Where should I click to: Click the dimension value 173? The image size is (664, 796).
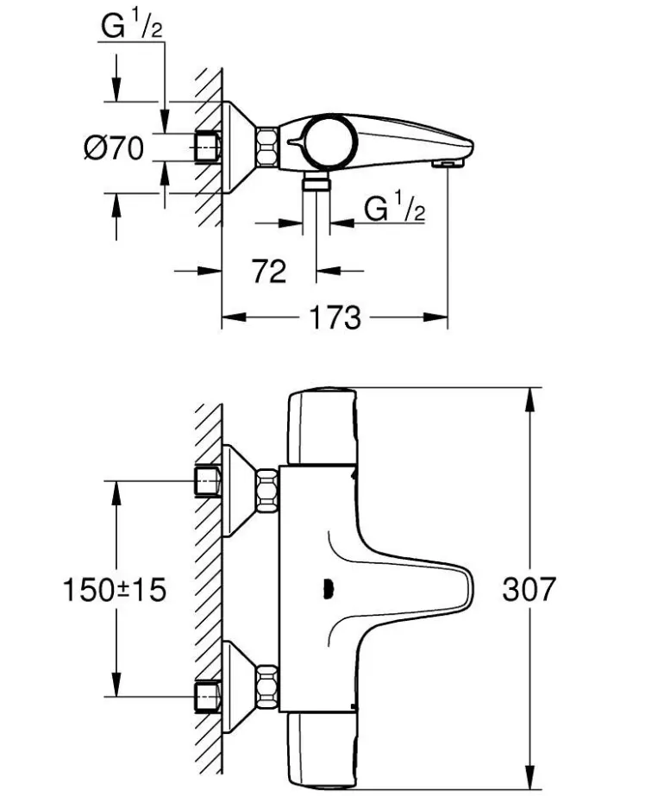[x=335, y=318]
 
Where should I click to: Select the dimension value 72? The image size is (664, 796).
[x=269, y=272]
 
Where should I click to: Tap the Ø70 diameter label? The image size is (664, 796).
[x=113, y=148]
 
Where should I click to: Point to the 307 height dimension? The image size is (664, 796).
[x=529, y=590]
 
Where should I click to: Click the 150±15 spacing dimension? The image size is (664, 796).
[x=114, y=590]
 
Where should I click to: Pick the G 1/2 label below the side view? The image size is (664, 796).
[x=394, y=210]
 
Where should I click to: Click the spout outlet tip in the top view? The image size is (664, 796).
[x=448, y=162]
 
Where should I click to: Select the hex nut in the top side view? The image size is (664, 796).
[x=266, y=147]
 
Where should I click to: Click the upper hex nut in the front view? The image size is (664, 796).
[x=266, y=489]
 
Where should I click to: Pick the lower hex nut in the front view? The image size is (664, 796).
[x=266, y=687]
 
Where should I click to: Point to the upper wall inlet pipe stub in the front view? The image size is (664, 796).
[x=208, y=482]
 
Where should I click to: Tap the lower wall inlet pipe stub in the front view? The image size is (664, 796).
[x=208, y=695]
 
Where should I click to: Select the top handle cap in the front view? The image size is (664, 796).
[x=321, y=428]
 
